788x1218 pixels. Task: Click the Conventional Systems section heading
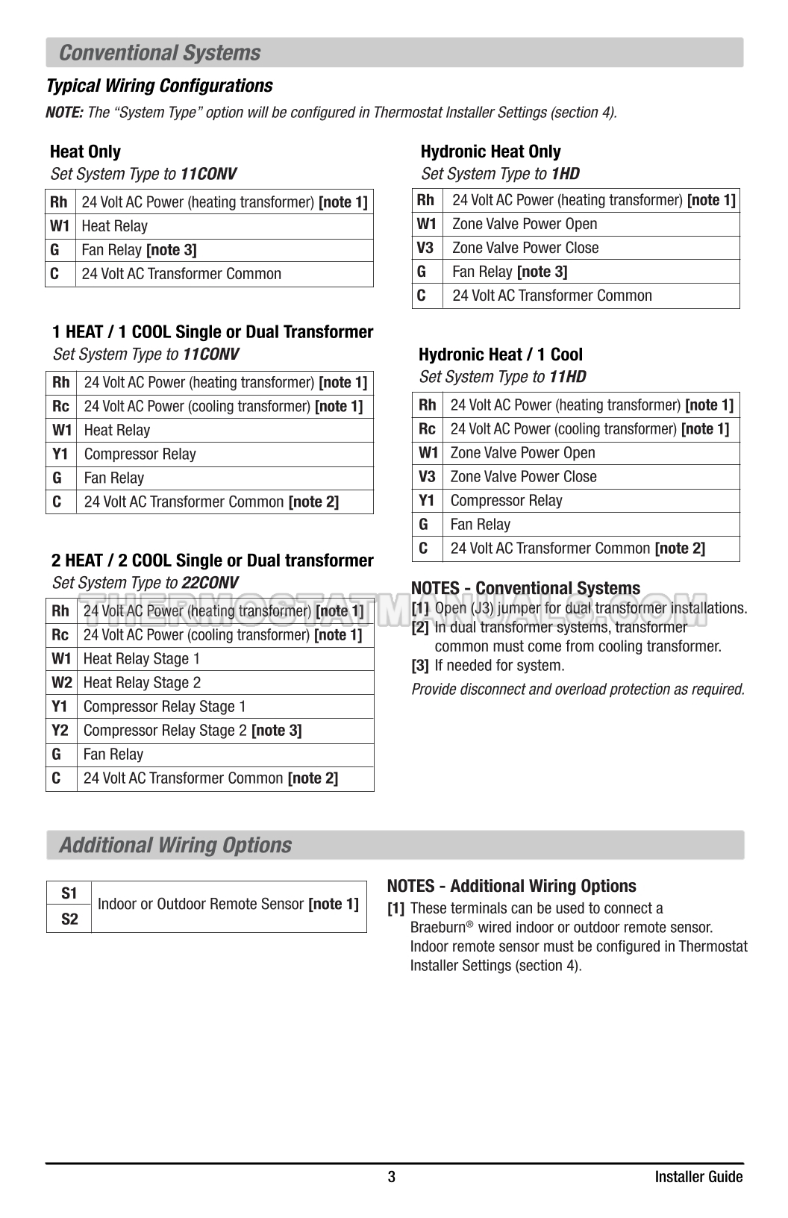coord(160,53)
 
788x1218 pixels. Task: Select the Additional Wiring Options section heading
coord(175,846)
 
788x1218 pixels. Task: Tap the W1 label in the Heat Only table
coord(60,226)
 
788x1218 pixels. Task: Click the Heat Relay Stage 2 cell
coord(142,683)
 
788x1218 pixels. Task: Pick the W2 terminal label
coord(61,683)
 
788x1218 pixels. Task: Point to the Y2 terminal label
coord(60,731)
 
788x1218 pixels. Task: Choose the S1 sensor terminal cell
coord(69,893)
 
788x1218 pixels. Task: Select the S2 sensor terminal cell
coord(69,919)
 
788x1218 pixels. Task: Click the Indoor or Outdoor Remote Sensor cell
coord(228,905)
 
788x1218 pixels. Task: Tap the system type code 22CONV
coord(210,583)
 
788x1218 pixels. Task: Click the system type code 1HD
coord(565,174)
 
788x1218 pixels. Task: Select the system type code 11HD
coord(567,377)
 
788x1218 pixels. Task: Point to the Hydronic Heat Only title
coord(490,152)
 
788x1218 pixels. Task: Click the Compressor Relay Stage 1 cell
coord(164,707)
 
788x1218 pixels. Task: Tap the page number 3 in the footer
coord(392,1177)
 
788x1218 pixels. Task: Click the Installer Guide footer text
coord(698,1177)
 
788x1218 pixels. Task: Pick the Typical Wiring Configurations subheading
coord(160,86)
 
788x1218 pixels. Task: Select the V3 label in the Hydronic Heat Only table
coord(425,248)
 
